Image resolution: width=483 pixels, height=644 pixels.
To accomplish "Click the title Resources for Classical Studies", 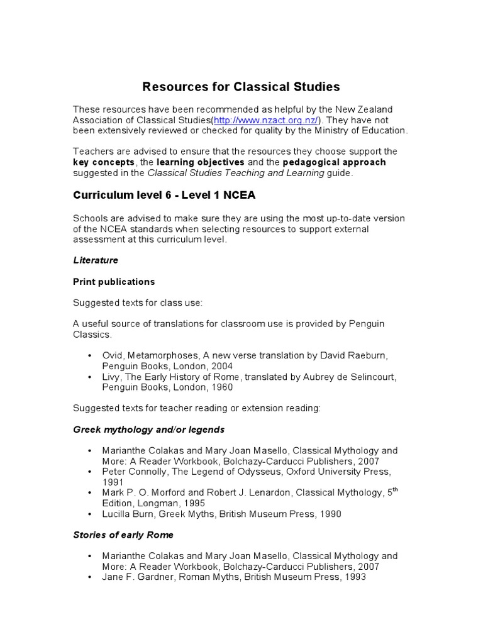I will (241, 86).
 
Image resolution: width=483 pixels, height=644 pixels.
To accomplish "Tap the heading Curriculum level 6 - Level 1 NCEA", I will (164, 195).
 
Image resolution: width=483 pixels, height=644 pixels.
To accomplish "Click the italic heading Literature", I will (96, 260).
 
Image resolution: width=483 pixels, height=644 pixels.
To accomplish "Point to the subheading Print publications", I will (114, 281).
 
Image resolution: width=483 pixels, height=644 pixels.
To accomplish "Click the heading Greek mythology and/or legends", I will (148, 430).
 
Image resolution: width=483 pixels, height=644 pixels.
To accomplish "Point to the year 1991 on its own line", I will (113, 482).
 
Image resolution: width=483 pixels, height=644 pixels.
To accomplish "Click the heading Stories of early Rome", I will (123, 535).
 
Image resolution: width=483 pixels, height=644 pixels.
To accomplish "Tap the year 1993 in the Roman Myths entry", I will (353, 577).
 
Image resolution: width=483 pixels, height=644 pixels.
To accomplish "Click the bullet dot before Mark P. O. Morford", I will (89, 493).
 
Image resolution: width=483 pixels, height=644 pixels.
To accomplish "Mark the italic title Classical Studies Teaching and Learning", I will (237, 173).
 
